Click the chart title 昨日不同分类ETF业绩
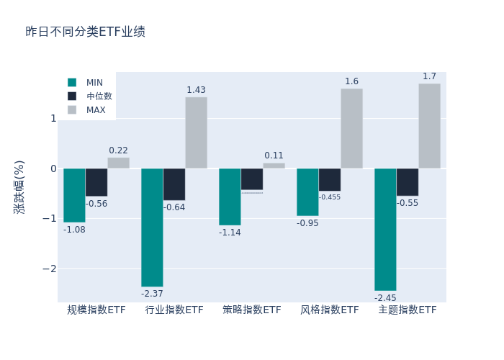coord(85,32)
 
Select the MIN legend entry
coord(94,83)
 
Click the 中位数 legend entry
coord(99,96)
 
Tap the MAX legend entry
coord(95,110)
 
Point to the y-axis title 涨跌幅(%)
coord(19,186)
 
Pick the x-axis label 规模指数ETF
coord(96,310)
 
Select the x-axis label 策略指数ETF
coord(252,310)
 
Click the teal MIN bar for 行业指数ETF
coord(152,228)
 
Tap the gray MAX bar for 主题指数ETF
coord(429,126)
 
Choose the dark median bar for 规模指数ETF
coord(96,182)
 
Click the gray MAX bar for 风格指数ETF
coord(351,128)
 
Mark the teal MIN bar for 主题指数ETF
coord(385,230)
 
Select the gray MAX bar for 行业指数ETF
coord(196,132)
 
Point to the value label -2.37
coord(152,294)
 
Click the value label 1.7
coord(429,76)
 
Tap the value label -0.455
coord(330,197)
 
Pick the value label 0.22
coord(118,150)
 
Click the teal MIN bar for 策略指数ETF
coord(230,197)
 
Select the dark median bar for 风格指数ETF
coord(330,180)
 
